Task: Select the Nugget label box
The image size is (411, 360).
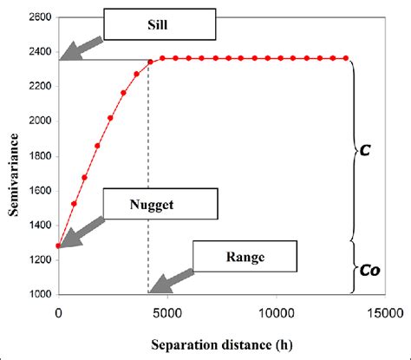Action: [x=158, y=205]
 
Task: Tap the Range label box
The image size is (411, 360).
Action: [x=245, y=257]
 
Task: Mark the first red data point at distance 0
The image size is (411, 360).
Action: [x=58, y=245]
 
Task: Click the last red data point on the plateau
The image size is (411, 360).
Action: [x=346, y=58]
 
